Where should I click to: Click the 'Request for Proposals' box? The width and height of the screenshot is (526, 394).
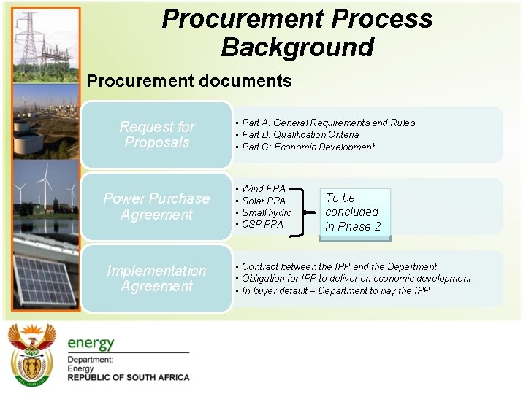(x=156, y=135)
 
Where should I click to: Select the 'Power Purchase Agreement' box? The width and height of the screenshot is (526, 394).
(x=156, y=206)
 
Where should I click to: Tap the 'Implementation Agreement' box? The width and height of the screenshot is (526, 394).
(x=156, y=279)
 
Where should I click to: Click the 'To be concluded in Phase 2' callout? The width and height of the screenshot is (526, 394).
(x=354, y=212)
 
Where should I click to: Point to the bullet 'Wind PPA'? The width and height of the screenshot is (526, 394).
(x=263, y=189)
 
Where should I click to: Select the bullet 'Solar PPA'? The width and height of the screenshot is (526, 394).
(x=263, y=201)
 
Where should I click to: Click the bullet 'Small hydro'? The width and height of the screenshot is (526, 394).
(x=266, y=212)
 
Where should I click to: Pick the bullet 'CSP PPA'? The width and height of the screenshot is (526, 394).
(x=262, y=224)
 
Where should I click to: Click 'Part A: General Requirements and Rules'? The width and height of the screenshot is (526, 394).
(x=327, y=123)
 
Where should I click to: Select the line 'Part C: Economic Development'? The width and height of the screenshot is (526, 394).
(x=308, y=147)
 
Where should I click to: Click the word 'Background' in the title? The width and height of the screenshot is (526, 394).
(x=297, y=47)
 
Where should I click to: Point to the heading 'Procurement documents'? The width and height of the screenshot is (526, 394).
(x=189, y=81)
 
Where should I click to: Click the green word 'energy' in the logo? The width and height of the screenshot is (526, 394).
(x=91, y=342)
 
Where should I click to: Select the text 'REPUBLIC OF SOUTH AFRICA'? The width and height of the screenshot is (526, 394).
(x=128, y=378)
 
